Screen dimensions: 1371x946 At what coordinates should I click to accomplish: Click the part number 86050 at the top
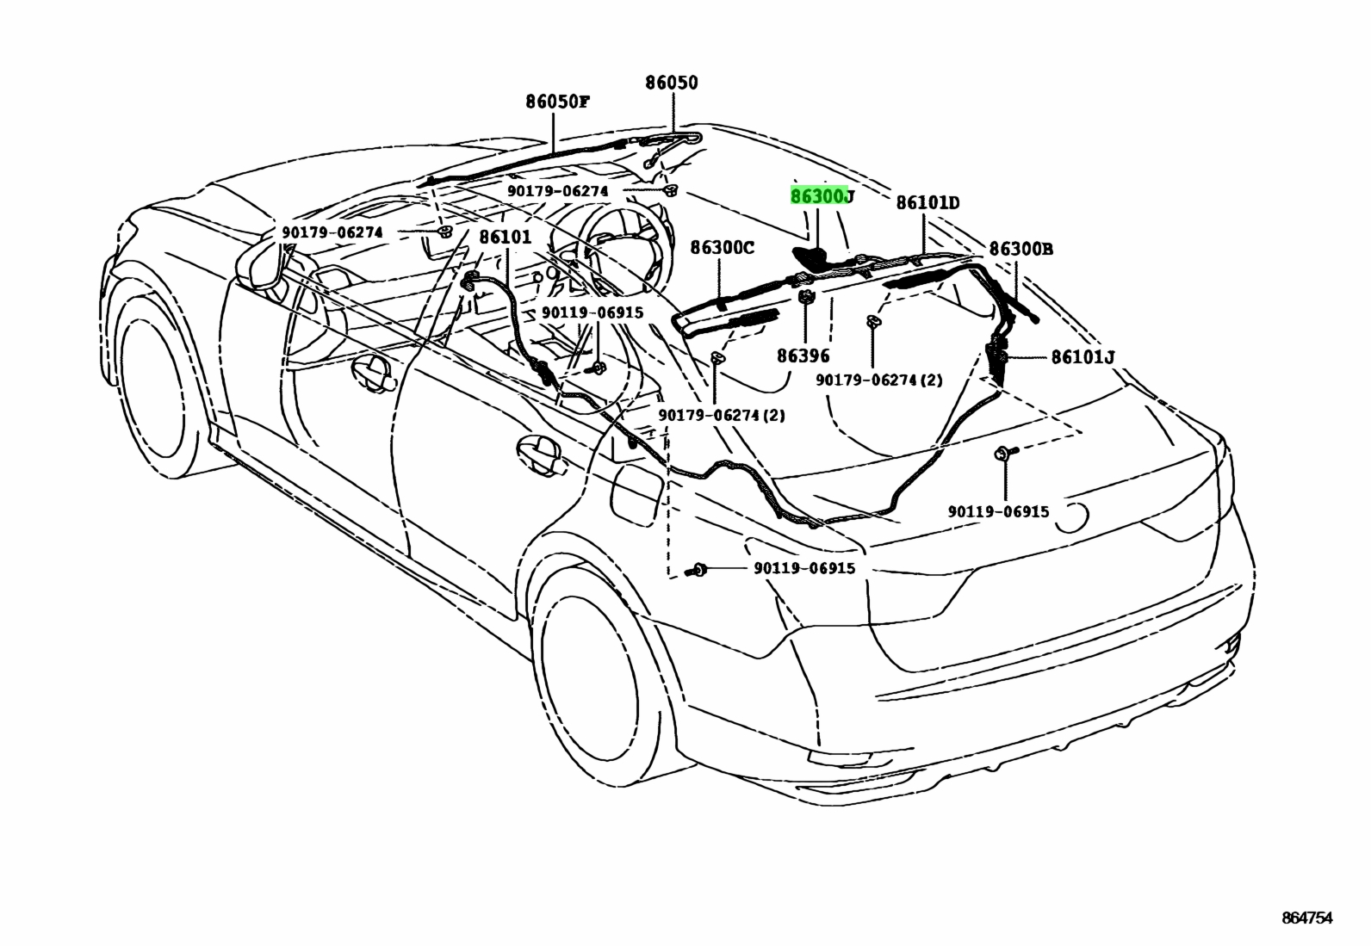[672, 83]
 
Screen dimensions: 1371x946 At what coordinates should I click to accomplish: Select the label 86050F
[557, 102]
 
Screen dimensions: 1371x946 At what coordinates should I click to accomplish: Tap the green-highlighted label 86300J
[822, 196]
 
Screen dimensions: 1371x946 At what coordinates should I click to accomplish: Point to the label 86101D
[927, 202]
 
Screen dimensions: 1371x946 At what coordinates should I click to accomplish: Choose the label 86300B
[1021, 249]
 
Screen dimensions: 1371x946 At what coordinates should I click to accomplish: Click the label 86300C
[723, 248]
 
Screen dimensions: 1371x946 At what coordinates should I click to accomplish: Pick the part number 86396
[803, 356]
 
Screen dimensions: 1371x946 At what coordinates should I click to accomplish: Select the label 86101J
[1083, 356]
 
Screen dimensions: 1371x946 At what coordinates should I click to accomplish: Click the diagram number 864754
[1306, 918]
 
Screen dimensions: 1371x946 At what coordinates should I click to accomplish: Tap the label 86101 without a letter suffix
[506, 237]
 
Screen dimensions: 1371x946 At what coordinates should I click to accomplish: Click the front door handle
[375, 374]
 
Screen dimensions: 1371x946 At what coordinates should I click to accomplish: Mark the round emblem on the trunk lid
[1071, 517]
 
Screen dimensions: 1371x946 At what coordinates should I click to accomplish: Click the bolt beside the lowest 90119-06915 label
[698, 570]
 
